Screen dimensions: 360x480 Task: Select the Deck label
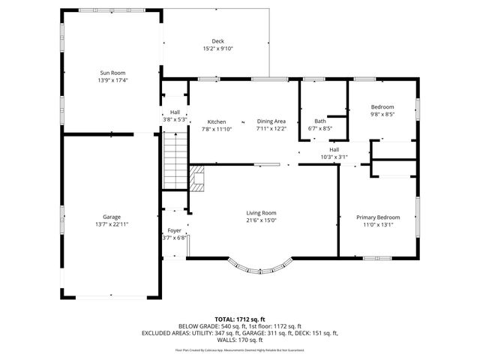tap(217, 41)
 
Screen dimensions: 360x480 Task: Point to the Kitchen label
tap(217, 121)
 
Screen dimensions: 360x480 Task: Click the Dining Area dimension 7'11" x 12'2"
tap(271, 128)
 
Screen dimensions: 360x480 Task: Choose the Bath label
tap(320, 121)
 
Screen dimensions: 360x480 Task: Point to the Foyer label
tap(174, 230)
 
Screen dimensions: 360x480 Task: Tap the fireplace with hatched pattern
tap(196, 178)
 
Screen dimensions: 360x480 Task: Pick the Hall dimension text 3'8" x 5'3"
tap(174, 119)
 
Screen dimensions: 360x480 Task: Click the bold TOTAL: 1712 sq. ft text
tap(240, 319)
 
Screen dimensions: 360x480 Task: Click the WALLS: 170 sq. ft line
tap(240, 340)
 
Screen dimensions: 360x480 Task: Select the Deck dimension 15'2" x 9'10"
tap(217, 49)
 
